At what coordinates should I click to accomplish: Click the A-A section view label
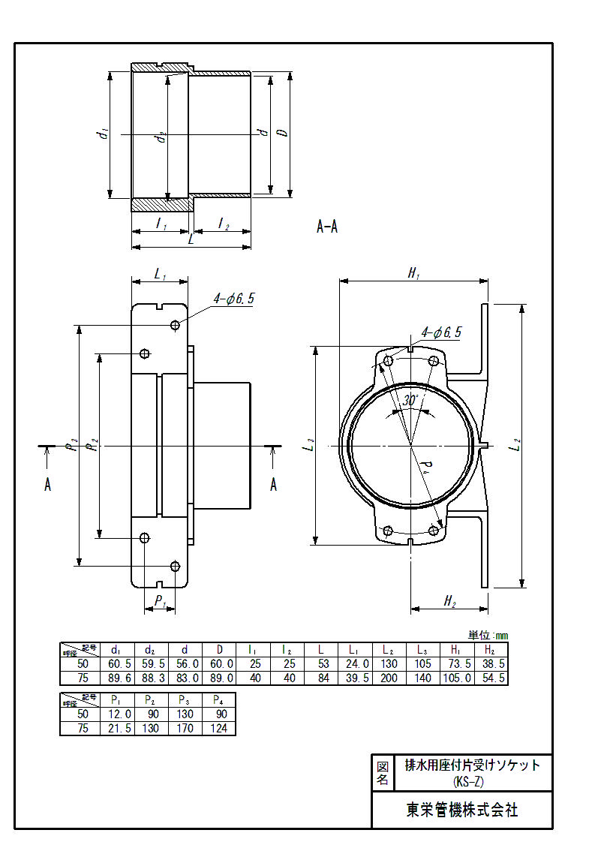(327, 227)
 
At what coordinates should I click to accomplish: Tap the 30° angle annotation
(410, 400)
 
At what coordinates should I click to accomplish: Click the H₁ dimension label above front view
(413, 274)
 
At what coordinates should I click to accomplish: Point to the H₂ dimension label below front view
(449, 600)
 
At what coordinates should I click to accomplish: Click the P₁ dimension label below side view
(160, 600)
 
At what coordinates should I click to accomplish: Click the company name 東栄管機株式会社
(461, 810)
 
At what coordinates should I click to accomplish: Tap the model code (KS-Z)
(473, 782)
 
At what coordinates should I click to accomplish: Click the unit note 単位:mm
(488, 635)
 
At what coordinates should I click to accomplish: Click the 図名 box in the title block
(382, 773)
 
